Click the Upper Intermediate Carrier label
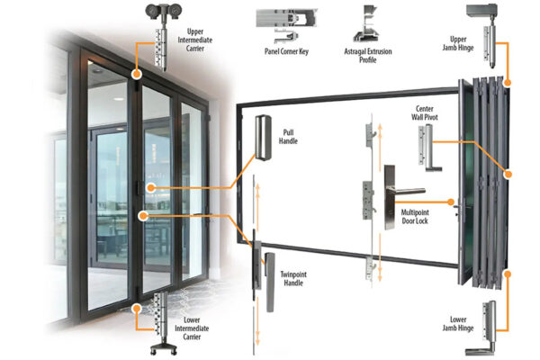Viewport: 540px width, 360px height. [x=195, y=40]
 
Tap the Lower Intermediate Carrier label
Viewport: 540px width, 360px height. [x=192, y=328]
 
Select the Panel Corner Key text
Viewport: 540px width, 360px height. [x=286, y=51]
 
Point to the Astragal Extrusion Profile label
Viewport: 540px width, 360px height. [x=368, y=56]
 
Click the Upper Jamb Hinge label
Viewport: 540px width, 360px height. [x=458, y=43]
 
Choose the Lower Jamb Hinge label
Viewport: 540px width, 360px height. [x=458, y=324]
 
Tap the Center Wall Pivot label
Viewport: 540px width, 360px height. [x=425, y=113]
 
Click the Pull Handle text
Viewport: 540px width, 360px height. [x=288, y=137]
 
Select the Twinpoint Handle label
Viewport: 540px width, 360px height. [x=293, y=279]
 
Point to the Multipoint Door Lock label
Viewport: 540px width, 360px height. [x=415, y=217]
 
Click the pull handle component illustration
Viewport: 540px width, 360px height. [x=263, y=138]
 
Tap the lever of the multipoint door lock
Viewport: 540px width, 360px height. [x=408, y=191]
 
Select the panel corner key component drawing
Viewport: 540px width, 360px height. [x=286, y=25]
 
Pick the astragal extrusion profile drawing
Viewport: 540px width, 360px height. [x=366, y=24]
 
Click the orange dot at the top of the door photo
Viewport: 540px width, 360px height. [x=137, y=74]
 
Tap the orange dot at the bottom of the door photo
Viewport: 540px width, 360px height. [x=137, y=309]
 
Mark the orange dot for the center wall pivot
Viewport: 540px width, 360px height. [x=508, y=175]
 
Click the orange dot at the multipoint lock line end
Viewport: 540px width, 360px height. [x=451, y=202]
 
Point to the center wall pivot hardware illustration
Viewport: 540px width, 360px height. [x=428, y=148]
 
